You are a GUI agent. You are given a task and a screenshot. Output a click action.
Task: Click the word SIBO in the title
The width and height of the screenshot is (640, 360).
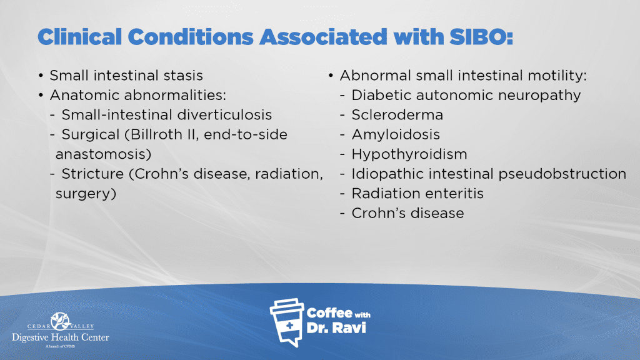[481, 37]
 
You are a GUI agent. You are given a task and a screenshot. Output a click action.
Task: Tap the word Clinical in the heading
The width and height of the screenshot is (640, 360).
[79, 37]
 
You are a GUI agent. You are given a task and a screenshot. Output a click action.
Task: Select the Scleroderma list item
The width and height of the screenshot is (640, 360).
[397, 115]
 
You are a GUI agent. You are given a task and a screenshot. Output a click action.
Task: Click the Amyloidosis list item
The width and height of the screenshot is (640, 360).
[396, 135]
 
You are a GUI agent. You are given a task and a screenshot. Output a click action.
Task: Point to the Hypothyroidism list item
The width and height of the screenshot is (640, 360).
[409, 154]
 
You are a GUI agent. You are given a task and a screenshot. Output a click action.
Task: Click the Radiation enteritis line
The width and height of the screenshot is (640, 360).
[417, 194]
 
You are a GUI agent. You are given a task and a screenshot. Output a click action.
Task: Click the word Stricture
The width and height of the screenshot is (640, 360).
[92, 174]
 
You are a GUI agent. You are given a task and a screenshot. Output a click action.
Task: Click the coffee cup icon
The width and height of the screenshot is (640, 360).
[287, 322]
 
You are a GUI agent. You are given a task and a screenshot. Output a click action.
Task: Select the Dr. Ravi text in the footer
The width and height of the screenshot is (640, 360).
[336, 327]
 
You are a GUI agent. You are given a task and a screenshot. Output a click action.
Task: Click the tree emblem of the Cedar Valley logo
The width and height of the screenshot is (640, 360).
[61, 321]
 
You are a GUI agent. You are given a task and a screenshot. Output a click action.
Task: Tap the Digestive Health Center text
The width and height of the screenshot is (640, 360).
[61, 337]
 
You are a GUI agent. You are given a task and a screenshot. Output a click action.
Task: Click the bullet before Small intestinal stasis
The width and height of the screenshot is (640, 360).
[41, 76]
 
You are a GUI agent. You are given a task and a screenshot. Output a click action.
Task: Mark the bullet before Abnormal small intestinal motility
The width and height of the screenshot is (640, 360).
[331, 76]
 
